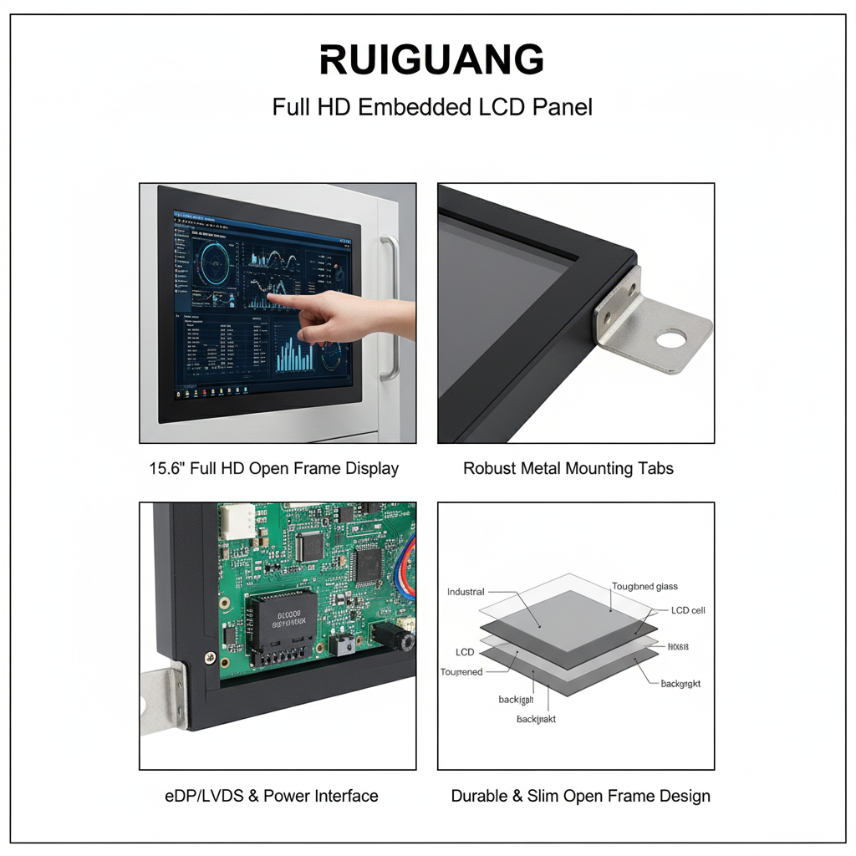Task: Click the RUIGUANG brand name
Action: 431,60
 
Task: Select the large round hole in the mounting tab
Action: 670,339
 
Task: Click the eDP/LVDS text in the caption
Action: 203,796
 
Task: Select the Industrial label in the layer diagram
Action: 466,592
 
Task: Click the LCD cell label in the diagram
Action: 688,610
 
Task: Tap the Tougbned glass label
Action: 645,587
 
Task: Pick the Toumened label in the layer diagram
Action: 461,672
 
